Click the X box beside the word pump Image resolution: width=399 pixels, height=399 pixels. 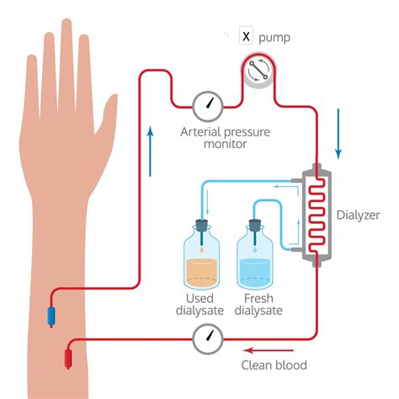pyautogui.click(x=246, y=37)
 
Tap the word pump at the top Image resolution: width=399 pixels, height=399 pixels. pyautogui.click(x=277, y=38)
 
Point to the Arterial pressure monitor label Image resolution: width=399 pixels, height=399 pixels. pyautogui.click(x=213, y=137)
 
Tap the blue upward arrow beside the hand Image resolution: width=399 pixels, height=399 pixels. pyautogui.click(x=151, y=152)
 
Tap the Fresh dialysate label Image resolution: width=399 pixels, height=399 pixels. pyautogui.click(x=258, y=305)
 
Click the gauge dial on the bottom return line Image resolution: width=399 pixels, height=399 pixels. pyautogui.click(x=206, y=339)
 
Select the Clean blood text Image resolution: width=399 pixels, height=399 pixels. pyautogui.click(x=274, y=365)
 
